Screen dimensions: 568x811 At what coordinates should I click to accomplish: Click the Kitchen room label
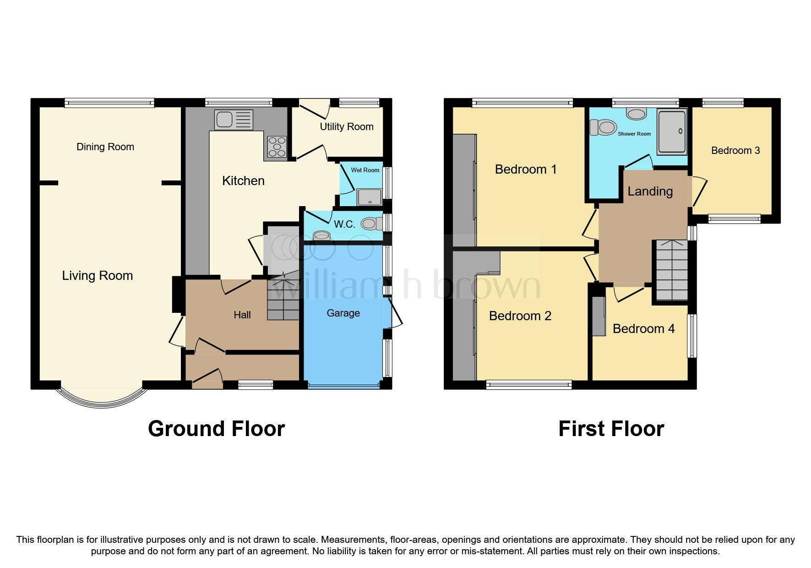coord(243,181)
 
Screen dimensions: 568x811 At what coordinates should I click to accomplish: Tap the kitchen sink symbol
coord(233,120)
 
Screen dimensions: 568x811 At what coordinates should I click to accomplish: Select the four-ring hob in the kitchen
coord(276,147)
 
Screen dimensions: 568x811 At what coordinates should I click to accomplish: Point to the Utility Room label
coord(346,127)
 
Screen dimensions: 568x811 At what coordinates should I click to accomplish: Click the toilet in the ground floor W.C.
coord(371,224)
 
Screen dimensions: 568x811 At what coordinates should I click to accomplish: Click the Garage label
coord(343,313)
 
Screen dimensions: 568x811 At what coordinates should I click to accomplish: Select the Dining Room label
coord(105,147)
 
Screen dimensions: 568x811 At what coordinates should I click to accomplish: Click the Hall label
coord(242,315)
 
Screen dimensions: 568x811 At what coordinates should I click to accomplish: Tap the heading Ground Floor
coord(216,429)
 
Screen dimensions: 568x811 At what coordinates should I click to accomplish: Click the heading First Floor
coord(611,429)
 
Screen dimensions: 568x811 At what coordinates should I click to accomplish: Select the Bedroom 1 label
coord(526,169)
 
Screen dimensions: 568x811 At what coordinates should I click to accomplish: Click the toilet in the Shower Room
coord(603,127)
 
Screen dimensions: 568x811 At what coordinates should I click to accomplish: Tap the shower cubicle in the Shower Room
coord(672,131)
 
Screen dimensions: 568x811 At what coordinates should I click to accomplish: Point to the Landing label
coord(650,191)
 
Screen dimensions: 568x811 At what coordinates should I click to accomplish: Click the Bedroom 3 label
coord(735,151)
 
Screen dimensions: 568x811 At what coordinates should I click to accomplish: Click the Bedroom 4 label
coord(643,329)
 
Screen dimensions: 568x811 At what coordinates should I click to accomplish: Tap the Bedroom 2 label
coord(520,316)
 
